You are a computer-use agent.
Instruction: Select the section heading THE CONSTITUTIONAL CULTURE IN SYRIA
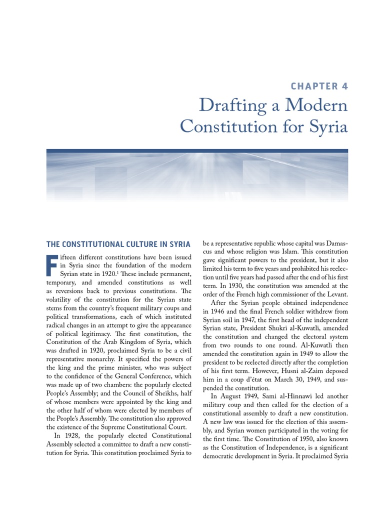pyautogui.click(x=118, y=244)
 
